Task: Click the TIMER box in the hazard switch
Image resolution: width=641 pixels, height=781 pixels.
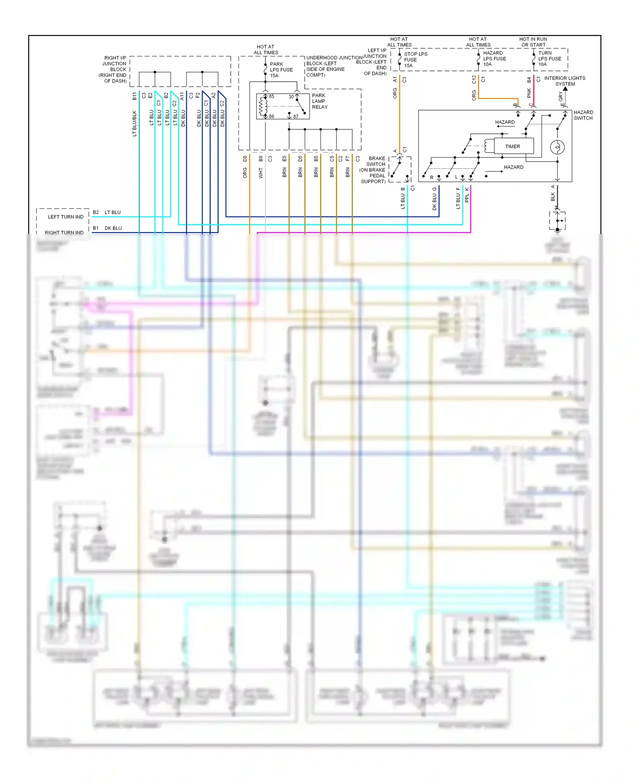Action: click(513, 146)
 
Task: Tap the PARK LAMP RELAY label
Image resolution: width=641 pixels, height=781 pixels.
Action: click(319, 101)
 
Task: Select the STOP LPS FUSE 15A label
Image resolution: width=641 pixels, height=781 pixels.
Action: click(415, 60)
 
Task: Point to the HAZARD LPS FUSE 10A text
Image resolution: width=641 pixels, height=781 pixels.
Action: click(494, 59)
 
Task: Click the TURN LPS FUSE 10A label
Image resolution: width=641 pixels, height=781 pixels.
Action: click(550, 59)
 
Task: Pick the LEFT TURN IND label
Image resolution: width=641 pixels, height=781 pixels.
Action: click(66, 217)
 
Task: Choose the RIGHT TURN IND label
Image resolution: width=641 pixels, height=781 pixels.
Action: click(64, 232)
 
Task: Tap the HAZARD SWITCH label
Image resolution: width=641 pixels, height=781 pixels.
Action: click(583, 115)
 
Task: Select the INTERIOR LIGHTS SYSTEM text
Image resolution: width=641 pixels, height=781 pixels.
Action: click(565, 81)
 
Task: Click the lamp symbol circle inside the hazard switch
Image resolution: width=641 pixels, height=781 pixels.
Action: click(557, 147)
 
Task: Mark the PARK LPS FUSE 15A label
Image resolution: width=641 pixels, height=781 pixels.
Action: click(281, 70)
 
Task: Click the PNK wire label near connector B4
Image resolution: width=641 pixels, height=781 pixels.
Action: click(529, 93)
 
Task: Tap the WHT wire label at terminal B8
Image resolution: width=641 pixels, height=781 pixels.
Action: click(261, 173)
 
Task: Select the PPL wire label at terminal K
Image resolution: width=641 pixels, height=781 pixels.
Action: click(467, 197)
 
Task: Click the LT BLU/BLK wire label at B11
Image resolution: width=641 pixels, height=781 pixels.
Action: click(134, 123)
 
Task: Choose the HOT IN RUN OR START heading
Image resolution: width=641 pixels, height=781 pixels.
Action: click(533, 42)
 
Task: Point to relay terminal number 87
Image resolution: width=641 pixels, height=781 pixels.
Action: click(296, 116)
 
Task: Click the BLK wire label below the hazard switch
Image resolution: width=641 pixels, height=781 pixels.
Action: click(553, 197)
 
